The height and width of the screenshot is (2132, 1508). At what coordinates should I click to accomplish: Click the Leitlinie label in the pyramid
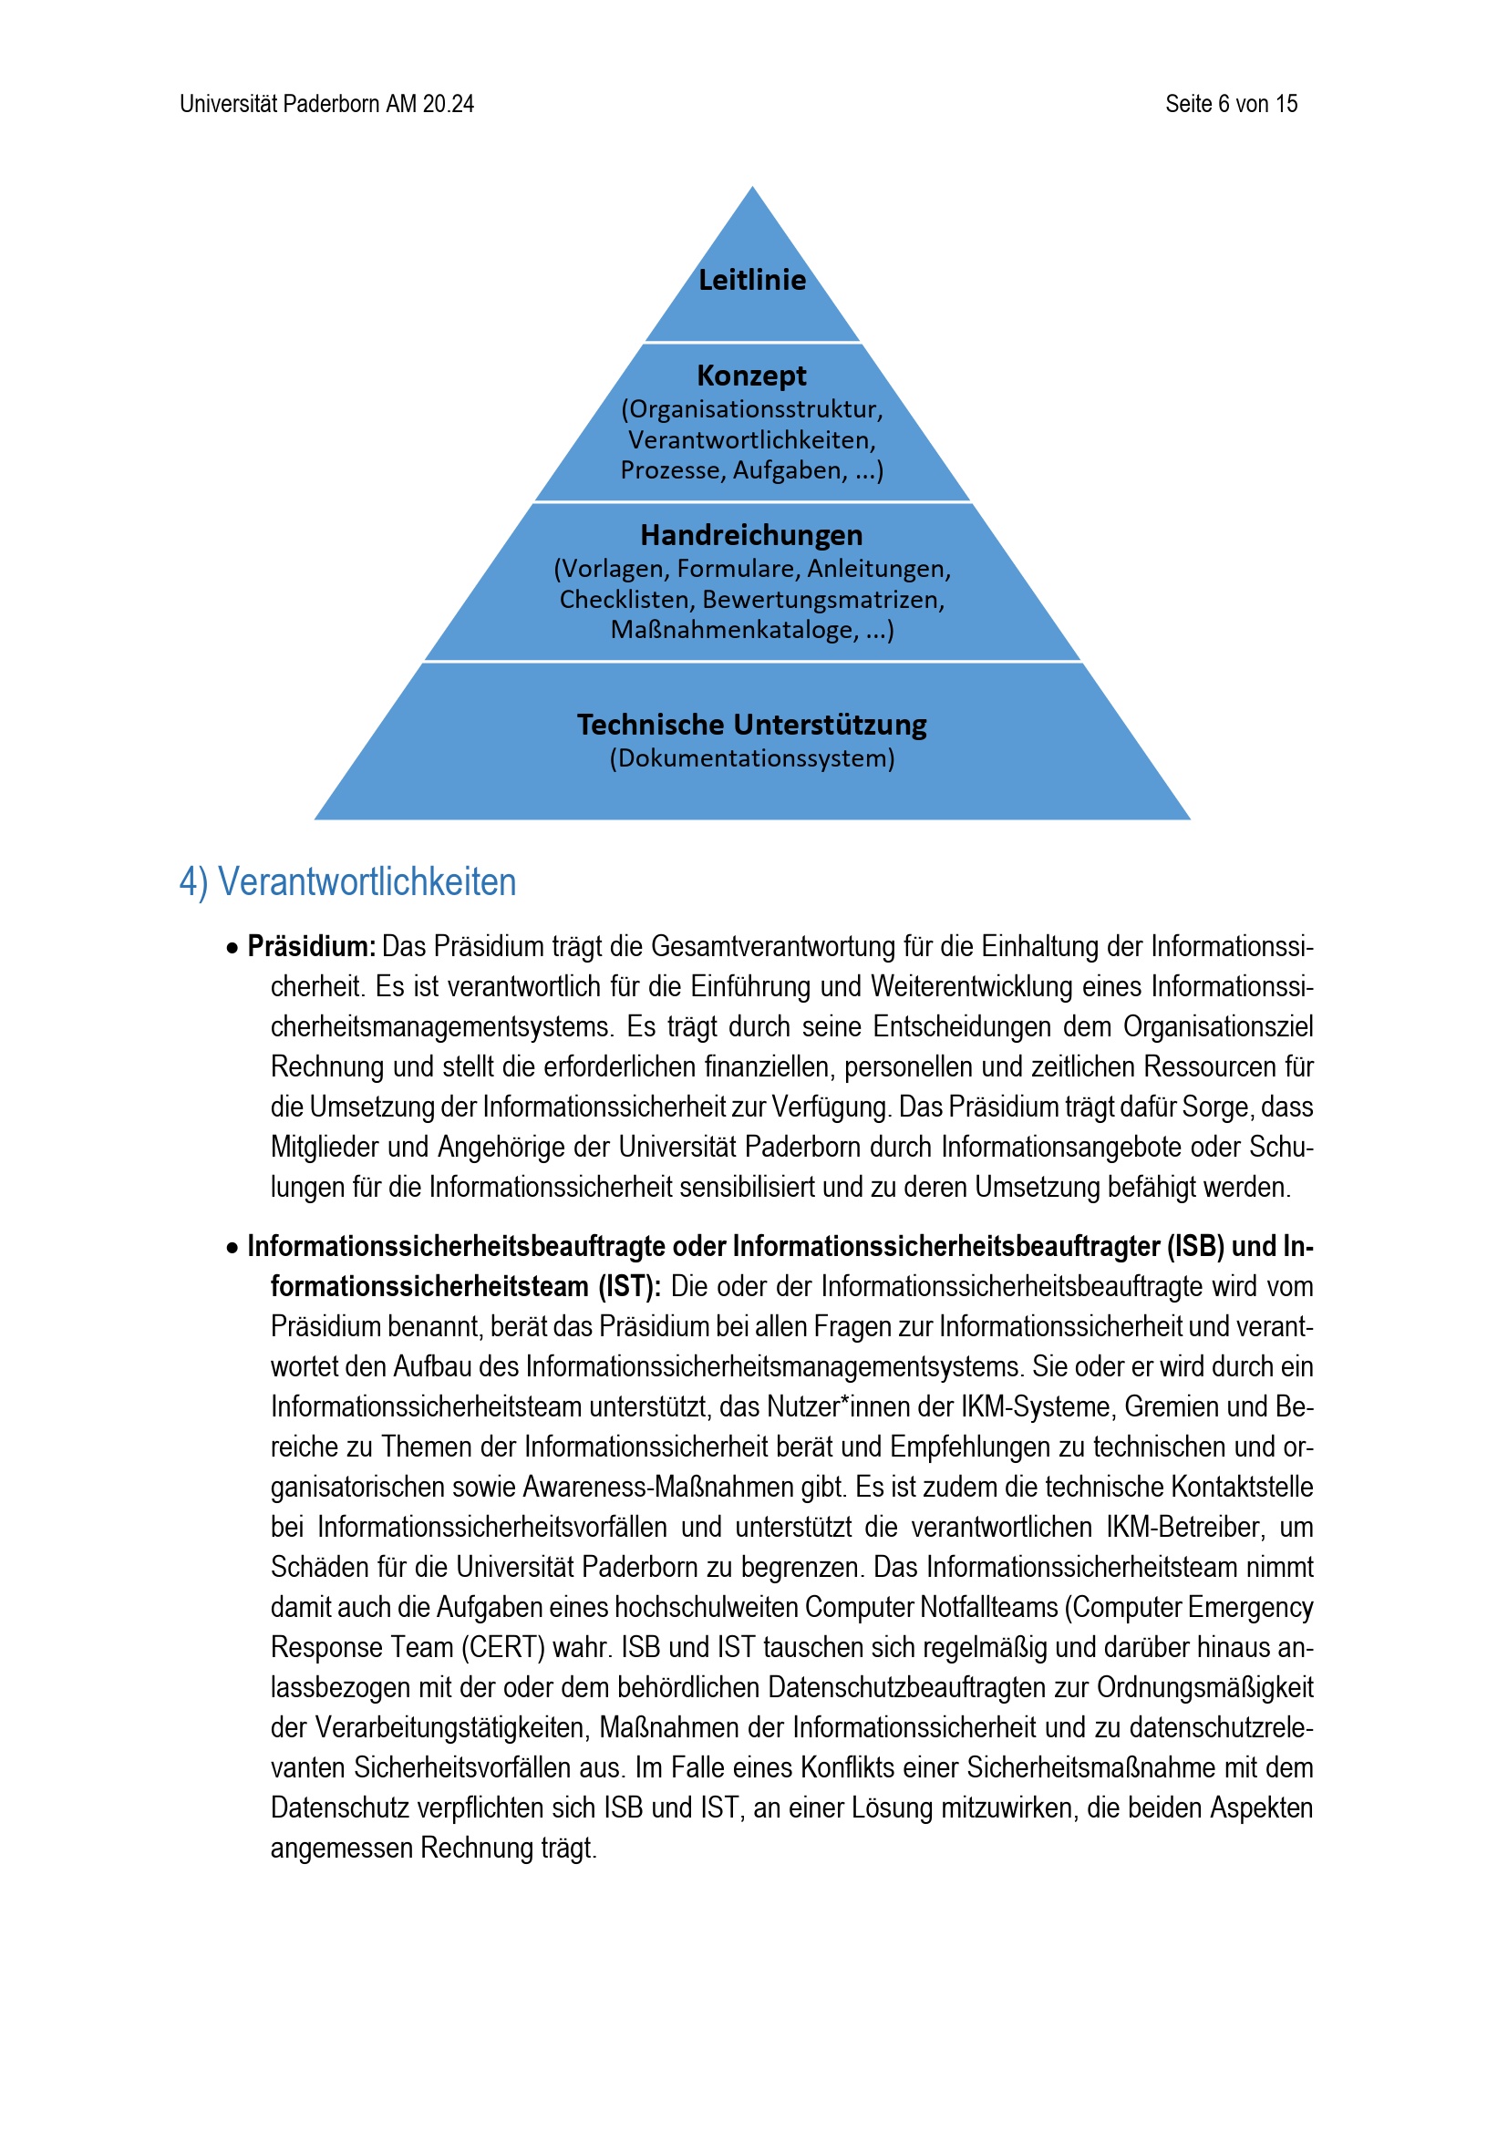[x=752, y=280]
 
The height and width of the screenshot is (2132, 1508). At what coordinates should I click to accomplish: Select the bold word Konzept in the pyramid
[x=752, y=376]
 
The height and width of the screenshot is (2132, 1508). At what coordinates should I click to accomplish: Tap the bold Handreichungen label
[x=752, y=535]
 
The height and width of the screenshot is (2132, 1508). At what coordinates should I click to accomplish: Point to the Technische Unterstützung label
[x=752, y=725]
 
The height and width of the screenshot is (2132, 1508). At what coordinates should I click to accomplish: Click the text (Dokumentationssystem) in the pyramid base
[x=752, y=757]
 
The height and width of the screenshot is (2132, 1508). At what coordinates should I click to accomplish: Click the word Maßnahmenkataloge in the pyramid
[x=734, y=630]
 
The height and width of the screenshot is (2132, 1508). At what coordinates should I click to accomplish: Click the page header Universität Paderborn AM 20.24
[x=327, y=104]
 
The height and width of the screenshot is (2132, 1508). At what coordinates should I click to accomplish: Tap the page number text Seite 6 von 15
[x=1231, y=104]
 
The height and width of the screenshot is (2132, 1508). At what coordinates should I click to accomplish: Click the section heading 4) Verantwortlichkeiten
[x=347, y=882]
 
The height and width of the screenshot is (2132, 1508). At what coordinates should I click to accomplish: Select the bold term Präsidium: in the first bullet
[x=311, y=946]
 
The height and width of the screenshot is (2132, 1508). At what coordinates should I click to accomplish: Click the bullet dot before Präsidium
[x=232, y=948]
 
